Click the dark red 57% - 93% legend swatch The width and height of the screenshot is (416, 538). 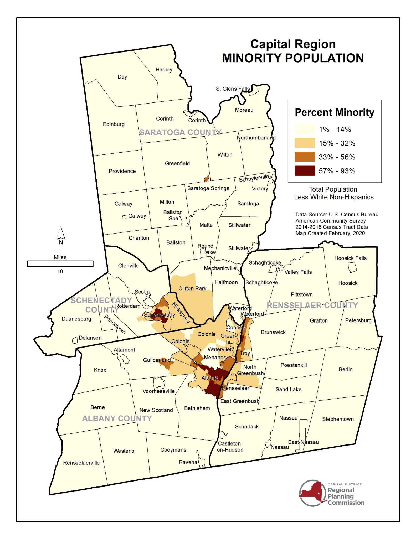pyautogui.click(x=305, y=171)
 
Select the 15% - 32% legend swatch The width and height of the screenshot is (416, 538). pyautogui.click(x=305, y=143)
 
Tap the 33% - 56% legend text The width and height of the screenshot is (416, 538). pyautogui.click(x=337, y=157)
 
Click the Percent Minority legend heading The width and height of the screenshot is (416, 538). pyautogui.click(x=334, y=112)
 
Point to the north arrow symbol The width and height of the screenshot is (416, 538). pyautogui.click(x=61, y=233)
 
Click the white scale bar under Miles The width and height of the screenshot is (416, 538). pyautogui.click(x=60, y=263)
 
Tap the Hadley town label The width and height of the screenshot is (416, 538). pyautogui.click(x=164, y=70)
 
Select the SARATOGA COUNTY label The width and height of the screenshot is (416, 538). pyautogui.click(x=180, y=132)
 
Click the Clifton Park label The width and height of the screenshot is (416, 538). pyautogui.click(x=192, y=288)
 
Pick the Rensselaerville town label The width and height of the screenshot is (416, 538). pyautogui.click(x=81, y=463)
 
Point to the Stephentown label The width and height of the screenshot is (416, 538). pyautogui.click(x=338, y=419)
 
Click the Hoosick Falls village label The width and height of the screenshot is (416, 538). pyautogui.click(x=350, y=258)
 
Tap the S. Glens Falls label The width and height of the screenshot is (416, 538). pyautogui.click(x=233, y=89)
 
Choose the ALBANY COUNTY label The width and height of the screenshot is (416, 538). pyautogui.click(x=117, y=418)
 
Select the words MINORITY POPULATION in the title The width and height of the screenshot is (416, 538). pyautogui.click(x=293, y=58)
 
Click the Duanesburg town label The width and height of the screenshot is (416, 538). pyautogui.click(x=76, y=319)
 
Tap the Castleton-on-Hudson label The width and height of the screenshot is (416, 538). pyautogui.click(x=230, y=447)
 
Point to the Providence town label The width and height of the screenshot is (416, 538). pyautogui.click(x=122, y=171)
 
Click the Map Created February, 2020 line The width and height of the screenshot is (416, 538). pyautogui.click(x=330, y=233)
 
